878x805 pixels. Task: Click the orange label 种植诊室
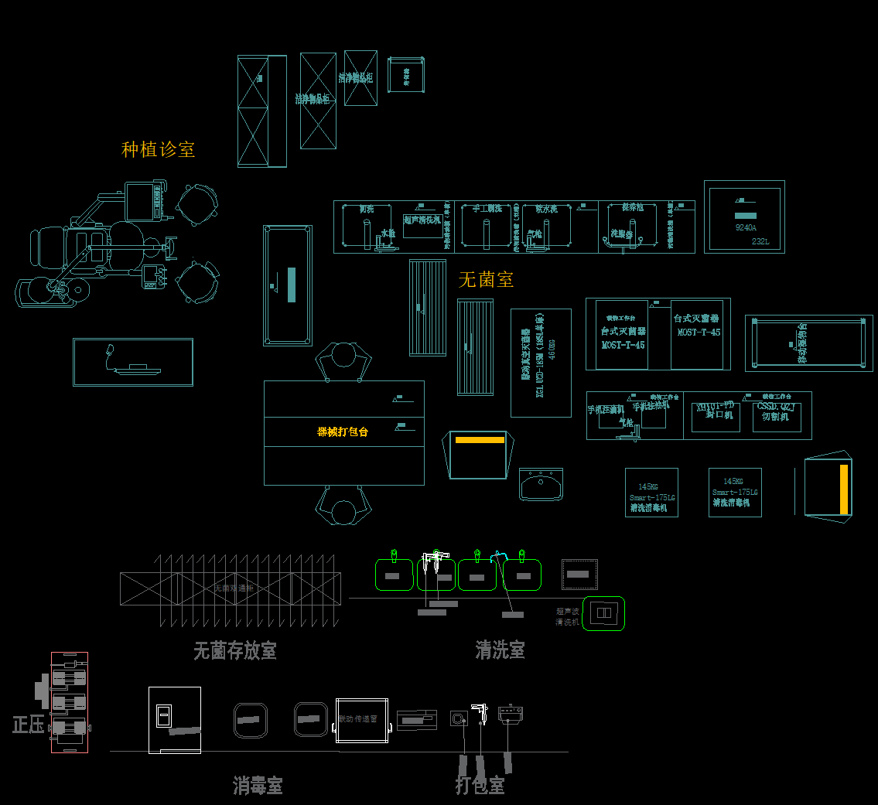click(158, 149)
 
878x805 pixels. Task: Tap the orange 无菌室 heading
click(486, 279)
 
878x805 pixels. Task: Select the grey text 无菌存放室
click(234, 651)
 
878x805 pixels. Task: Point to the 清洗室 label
click(500, 650)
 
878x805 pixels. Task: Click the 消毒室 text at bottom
click(258, 786)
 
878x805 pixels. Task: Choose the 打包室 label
click(480, 786)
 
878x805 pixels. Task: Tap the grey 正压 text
click(28, 725)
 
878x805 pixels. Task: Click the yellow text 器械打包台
click(343, 431)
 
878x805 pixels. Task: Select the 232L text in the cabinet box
click(760, 241)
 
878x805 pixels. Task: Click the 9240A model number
click(745, 228)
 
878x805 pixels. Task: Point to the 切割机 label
click(775, 416)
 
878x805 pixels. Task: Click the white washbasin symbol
click(541, 485)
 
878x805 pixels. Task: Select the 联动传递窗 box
click(361, 720)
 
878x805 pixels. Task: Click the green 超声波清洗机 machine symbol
click(603, 613)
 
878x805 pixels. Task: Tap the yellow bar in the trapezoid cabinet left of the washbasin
click(480, 439)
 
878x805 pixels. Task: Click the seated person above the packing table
click(343, 361)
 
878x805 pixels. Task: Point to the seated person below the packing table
click(343, 507)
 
